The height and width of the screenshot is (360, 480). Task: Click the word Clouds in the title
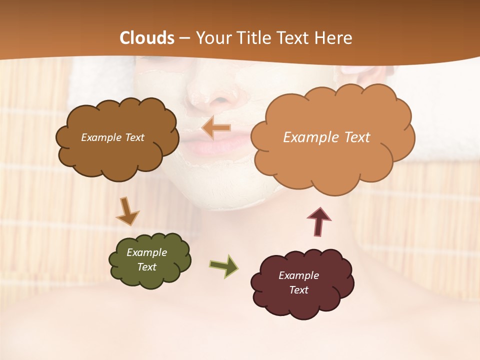[147, 38]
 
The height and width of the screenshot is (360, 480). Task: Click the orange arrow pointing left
[216, 128]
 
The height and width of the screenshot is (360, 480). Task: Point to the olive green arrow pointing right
[223, 265]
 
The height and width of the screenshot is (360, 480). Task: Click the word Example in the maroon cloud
[298, 275]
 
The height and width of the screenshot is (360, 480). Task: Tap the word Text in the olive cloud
[147, 267]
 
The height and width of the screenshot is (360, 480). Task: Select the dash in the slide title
[184, 38]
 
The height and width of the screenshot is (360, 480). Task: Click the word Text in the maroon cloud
[298, 290]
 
